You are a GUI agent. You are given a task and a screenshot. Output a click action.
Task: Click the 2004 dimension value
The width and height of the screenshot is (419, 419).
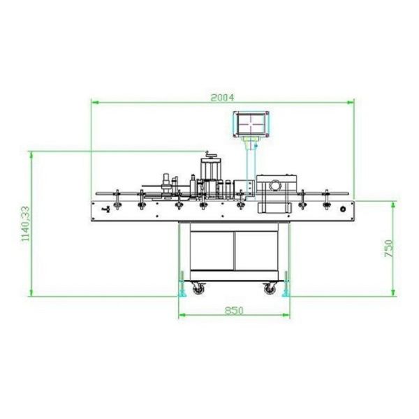(222, 98)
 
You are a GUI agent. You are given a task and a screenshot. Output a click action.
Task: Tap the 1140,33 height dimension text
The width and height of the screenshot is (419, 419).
(26, 223)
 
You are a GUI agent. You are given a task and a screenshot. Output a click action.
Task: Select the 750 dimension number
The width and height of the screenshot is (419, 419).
(389, 248)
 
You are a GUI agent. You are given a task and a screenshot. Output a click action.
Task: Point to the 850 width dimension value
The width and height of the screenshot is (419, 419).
(234, 311)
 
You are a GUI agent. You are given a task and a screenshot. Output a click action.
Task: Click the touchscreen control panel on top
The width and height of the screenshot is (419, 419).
(251, 124)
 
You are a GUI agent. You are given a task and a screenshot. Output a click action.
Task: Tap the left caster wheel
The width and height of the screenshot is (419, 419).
(198, 288)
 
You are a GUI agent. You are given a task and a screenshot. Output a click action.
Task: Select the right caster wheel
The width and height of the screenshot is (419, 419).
(270, 288)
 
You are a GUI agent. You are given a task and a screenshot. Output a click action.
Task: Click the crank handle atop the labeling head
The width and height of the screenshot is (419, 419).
(210, 155)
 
